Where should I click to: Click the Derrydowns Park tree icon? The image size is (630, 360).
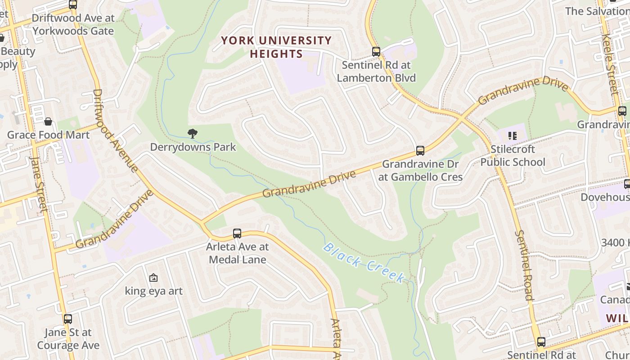(193, 133)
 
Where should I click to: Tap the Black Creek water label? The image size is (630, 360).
(364, 263)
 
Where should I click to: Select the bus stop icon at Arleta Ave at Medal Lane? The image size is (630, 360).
(237, 234)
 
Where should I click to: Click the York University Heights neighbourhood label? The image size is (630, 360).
(276, 47)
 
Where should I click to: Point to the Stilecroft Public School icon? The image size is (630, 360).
(512, 135)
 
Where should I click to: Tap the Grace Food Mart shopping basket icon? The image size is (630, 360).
(48, 121)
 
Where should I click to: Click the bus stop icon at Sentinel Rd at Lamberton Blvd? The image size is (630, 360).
(376, 52)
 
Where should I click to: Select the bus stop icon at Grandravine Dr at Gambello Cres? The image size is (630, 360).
(420, 151)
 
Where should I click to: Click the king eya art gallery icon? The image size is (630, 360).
(153, 278)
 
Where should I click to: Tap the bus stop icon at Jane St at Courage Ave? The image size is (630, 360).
(67, 319)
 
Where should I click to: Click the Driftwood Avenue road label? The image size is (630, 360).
(115, 130)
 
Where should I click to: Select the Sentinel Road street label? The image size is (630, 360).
(525, 265)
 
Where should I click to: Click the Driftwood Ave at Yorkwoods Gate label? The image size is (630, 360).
(73, 25)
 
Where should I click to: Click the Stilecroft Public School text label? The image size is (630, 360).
(513, 155)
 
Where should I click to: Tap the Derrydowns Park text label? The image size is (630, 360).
(193, 147)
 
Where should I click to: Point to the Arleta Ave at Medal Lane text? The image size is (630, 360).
(237, 253)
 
